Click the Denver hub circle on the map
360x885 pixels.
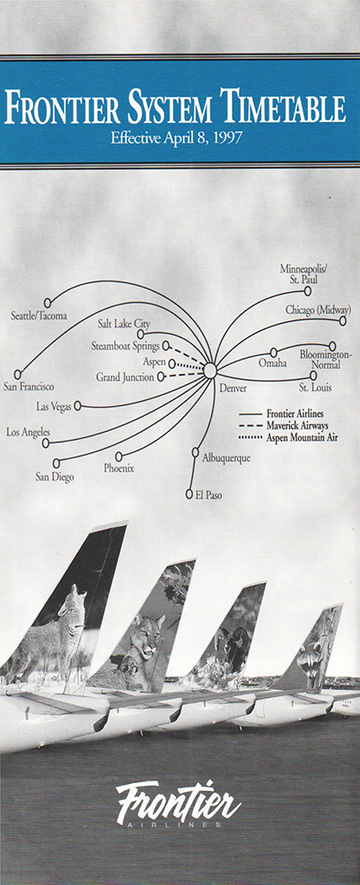pos(210,371)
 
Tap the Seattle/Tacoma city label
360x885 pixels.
pos(39,316)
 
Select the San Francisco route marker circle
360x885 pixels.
pos(18,374)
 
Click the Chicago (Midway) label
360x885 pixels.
pos(318,310)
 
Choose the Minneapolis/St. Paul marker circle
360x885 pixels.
pos(308,291)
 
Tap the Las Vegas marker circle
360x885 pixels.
pos(78,405)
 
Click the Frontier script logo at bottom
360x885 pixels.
pos(179,802)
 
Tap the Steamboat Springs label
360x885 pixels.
pos(126,345)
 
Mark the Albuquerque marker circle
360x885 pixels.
pos(195,452)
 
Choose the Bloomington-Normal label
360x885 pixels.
pos(326,359)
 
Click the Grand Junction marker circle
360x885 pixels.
pos(161,376)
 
